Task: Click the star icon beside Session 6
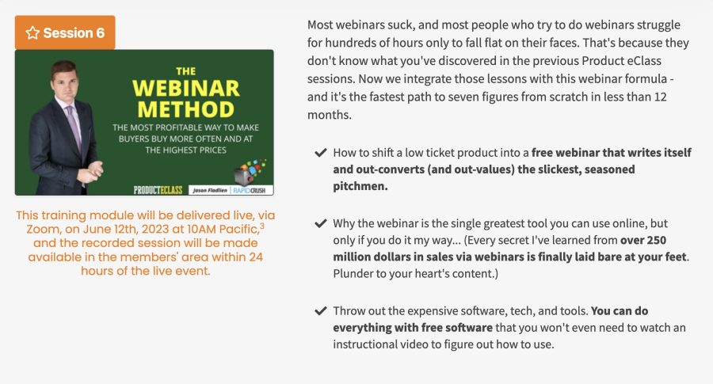32,32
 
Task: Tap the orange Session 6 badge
65,32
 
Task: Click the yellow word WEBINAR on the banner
185,88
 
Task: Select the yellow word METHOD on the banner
185,109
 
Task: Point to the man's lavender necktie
74,128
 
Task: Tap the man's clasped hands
93,169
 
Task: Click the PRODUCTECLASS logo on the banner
158,189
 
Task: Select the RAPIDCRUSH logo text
250,190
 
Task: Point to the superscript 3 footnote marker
262,226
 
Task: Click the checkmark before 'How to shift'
321,152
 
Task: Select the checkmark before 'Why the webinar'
321,223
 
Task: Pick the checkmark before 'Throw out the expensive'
321,311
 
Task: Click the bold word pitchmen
360,186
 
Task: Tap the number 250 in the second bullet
656,240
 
